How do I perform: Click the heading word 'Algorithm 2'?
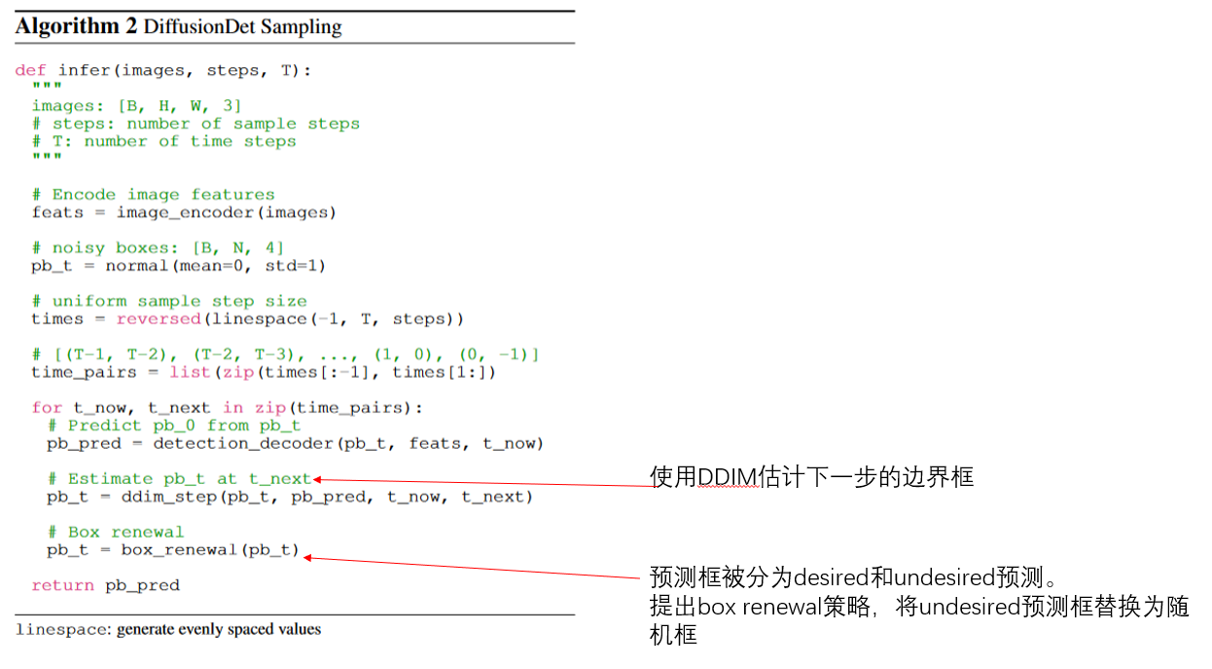coord(76,26)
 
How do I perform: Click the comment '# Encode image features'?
coord(153,195)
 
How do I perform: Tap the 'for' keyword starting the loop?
coord(47,408)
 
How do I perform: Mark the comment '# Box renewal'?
coord(116,533)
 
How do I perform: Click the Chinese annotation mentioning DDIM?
coord(810,477)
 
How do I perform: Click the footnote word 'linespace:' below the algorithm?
coord(63,630)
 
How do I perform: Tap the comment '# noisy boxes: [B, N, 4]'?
coord(158,248)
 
